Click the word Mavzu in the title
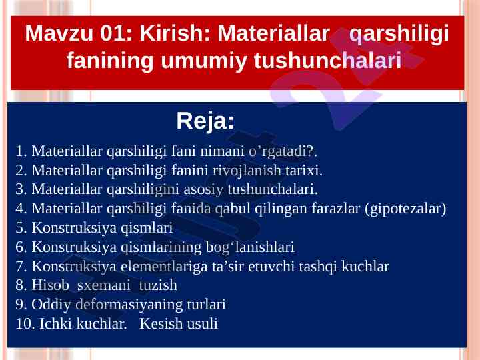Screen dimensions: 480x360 tap(59, 33)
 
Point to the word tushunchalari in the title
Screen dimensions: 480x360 tap(327, 60)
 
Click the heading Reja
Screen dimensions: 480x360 tap(205, 121)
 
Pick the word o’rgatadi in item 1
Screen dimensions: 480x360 tap(280, 151)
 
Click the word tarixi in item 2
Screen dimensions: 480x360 tap(304, 170)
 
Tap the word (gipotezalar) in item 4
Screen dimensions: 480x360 tap(405, 209)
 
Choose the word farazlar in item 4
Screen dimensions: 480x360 tap(336, 209)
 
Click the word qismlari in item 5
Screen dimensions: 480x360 tap(147, 228)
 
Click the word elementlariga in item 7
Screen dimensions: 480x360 tap(164, 266)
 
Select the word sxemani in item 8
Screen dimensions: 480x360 tap(104, 285)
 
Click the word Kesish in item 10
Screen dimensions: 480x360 tap(161, 323)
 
